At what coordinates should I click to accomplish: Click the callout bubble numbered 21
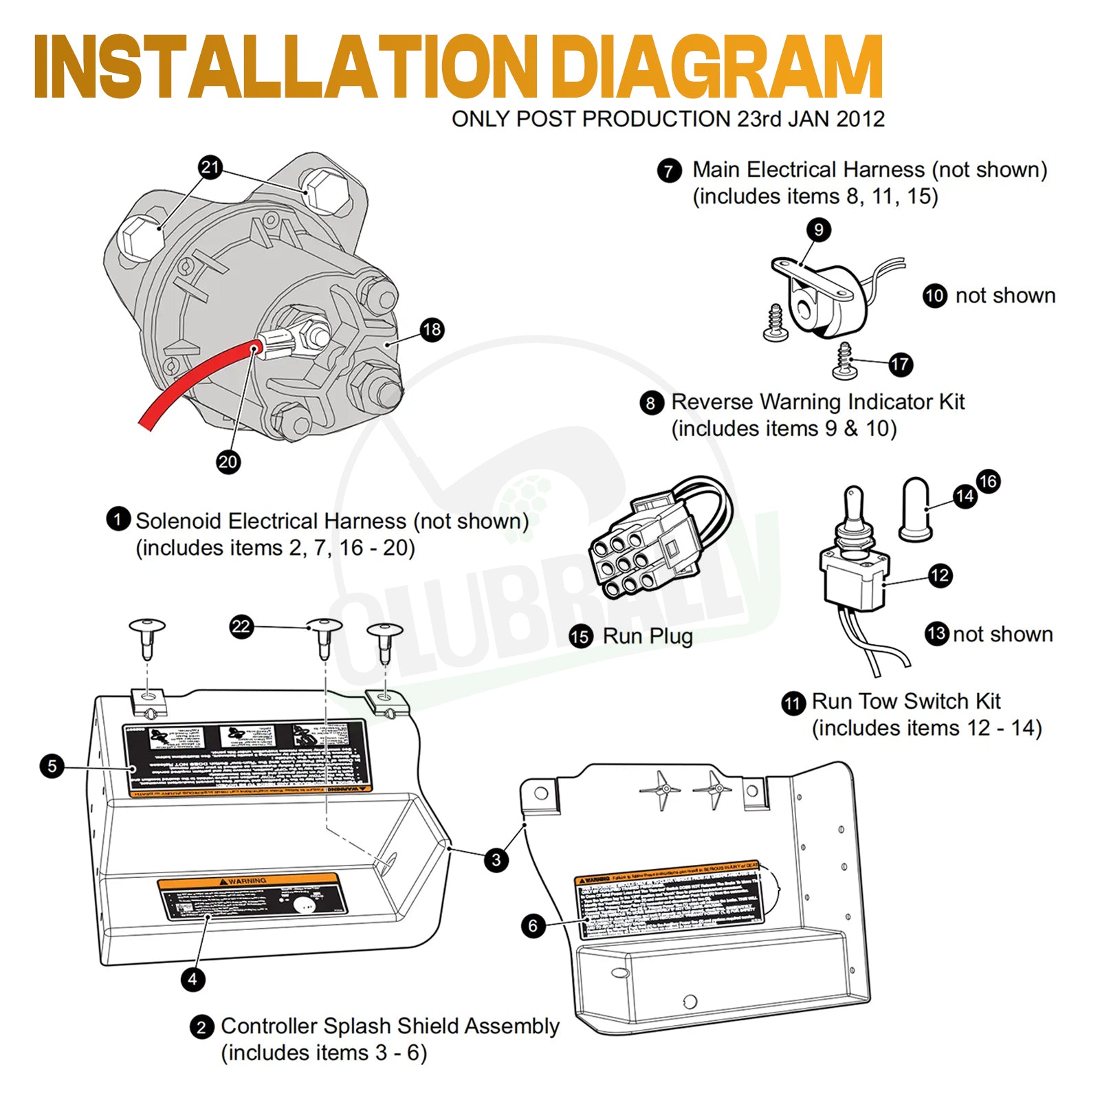210,167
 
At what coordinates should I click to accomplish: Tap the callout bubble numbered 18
432,329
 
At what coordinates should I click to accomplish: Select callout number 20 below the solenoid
228,461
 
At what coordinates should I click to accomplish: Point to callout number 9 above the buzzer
818,230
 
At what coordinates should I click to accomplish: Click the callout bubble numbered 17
900,364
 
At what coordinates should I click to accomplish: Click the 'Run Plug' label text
647,636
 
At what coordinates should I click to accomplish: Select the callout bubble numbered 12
940,575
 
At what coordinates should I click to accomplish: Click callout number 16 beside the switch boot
988,481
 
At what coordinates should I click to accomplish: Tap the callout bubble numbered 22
241,626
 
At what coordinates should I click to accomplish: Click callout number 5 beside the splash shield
52,766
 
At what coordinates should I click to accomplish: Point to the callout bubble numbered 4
192,979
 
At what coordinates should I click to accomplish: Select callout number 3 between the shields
496,859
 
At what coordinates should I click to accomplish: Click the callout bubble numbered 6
533,925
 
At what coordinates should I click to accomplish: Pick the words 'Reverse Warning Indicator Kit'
817,401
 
